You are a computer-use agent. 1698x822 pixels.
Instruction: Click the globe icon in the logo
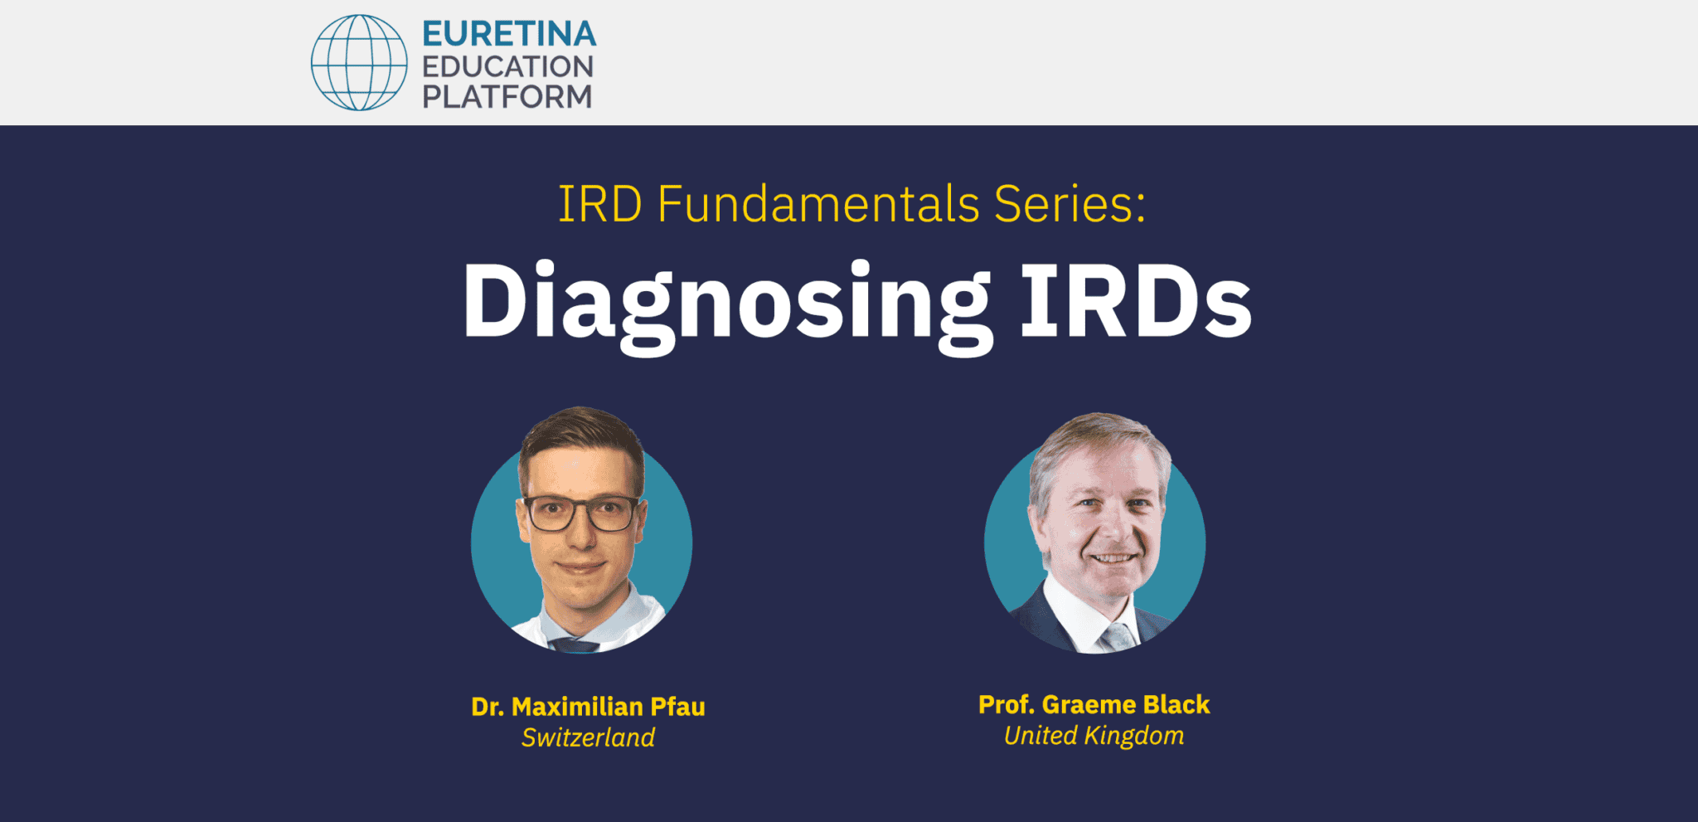pyautogui.click(x=359, y=62)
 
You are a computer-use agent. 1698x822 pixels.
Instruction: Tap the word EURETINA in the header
pyautogui.click(x=509, y=34)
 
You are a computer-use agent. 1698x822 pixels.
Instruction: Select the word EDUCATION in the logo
pyautogui.click(x=507, y=66)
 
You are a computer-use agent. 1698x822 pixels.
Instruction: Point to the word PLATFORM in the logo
pyautogui.click(x=507, y=97)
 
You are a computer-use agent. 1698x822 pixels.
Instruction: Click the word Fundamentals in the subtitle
pyautogui.click(x=818, y=204)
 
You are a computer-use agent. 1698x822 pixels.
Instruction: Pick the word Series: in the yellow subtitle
pyautogui.click(x=1070, y=204)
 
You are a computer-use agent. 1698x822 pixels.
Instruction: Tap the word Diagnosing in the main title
pyautogui.click(x=726, y=302)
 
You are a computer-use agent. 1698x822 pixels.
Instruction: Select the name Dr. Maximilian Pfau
pyautogui.click(x=588, y=707)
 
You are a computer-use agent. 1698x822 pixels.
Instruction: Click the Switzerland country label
pyautogui.click(x=588, y=737)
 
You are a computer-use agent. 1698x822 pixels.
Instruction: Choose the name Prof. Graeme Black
pyautogui.click(x=1094, y=704)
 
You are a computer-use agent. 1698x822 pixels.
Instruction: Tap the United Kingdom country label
pyautogui.click(x=1094, y=736)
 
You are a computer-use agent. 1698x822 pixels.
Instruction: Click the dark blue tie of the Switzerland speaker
pyautogui.click(x=575, y=645)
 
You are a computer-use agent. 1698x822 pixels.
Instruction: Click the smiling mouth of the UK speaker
pyautogui.click(x=1111, y=558)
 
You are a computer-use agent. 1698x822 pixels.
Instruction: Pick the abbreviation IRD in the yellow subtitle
pyautogui.click(x=599, y=204)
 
